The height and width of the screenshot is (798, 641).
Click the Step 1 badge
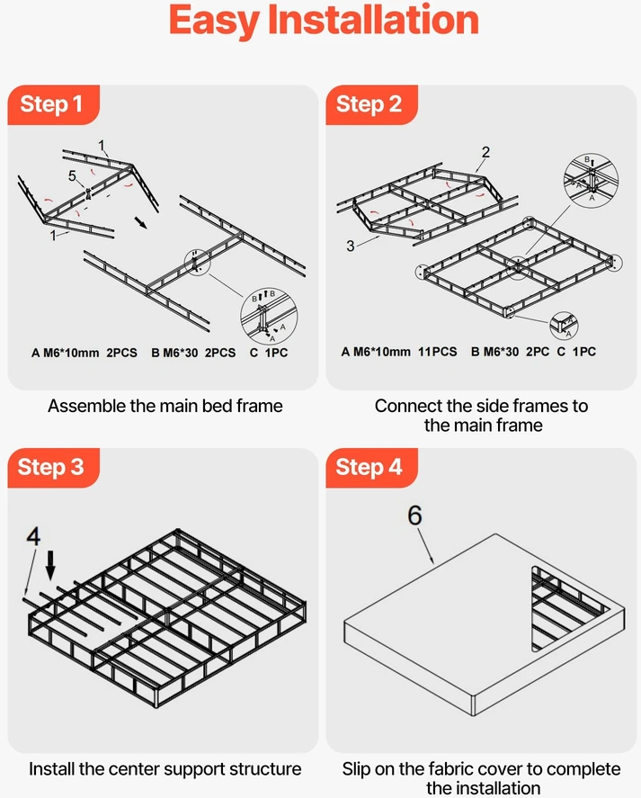click(53, 105)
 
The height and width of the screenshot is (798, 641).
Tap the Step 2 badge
click(371, 105)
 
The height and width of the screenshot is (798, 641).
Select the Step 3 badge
click(53, 468)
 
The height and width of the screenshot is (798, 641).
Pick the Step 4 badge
click(371, 468)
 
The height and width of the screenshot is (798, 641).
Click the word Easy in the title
click(213, 22)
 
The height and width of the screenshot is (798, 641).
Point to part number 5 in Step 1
click(72, 176)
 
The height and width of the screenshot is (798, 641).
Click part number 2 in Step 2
click(485, 152)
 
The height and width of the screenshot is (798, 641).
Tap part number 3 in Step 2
click(350, 246)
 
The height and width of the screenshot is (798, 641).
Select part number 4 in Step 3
click(33, 536)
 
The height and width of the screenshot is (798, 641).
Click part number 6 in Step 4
click(414, 516)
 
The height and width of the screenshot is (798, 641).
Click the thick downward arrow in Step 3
click(49, 565)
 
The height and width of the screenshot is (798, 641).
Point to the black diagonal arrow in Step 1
click(140, 223)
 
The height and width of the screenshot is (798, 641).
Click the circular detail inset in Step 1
click(269, 317)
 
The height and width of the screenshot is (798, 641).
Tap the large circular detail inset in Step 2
click(592, 181)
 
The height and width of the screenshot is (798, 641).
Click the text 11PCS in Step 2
click(438, 352)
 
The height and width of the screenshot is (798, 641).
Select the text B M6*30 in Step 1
click(174, 353)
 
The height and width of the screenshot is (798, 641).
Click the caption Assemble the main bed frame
click(165, 406)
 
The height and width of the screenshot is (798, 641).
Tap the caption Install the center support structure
click(165, 769)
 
